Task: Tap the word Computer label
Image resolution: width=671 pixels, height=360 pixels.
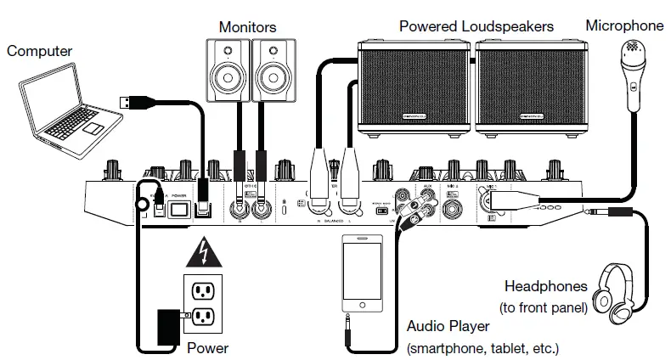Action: [40, 51]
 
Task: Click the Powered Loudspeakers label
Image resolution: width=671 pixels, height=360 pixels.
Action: [476, 26]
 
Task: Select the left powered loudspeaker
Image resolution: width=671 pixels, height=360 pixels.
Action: [414, 89]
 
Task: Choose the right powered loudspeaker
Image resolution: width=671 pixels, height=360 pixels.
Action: [528, 89]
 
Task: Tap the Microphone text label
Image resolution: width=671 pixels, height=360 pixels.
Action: [624, 25]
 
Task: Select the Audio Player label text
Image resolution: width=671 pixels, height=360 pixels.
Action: [448, 327]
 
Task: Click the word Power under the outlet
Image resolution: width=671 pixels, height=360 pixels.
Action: [208, 348]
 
